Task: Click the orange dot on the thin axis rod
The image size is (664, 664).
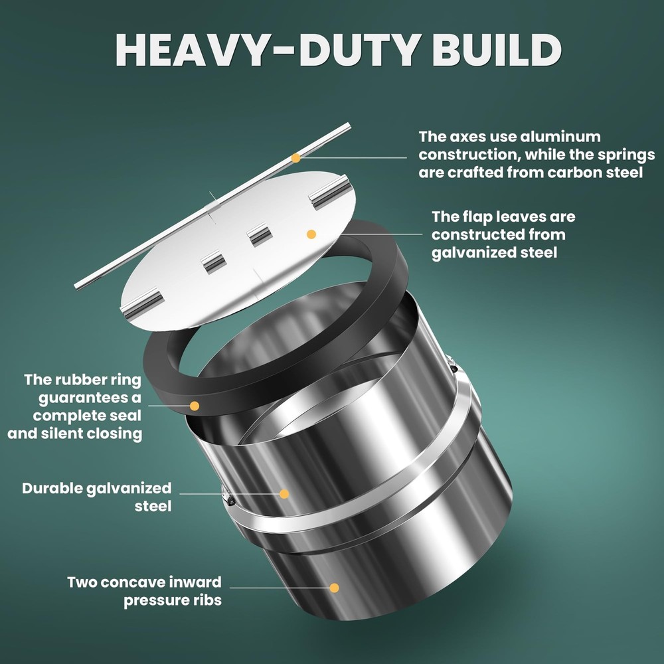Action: tap(296, 158)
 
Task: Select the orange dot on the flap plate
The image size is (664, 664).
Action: tap(309, 234)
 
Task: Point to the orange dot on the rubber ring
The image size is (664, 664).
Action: tap(195, 405)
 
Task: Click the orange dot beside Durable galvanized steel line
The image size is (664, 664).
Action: tap(284, 494)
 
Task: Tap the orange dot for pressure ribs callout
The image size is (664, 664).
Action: tap(335, 587)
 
